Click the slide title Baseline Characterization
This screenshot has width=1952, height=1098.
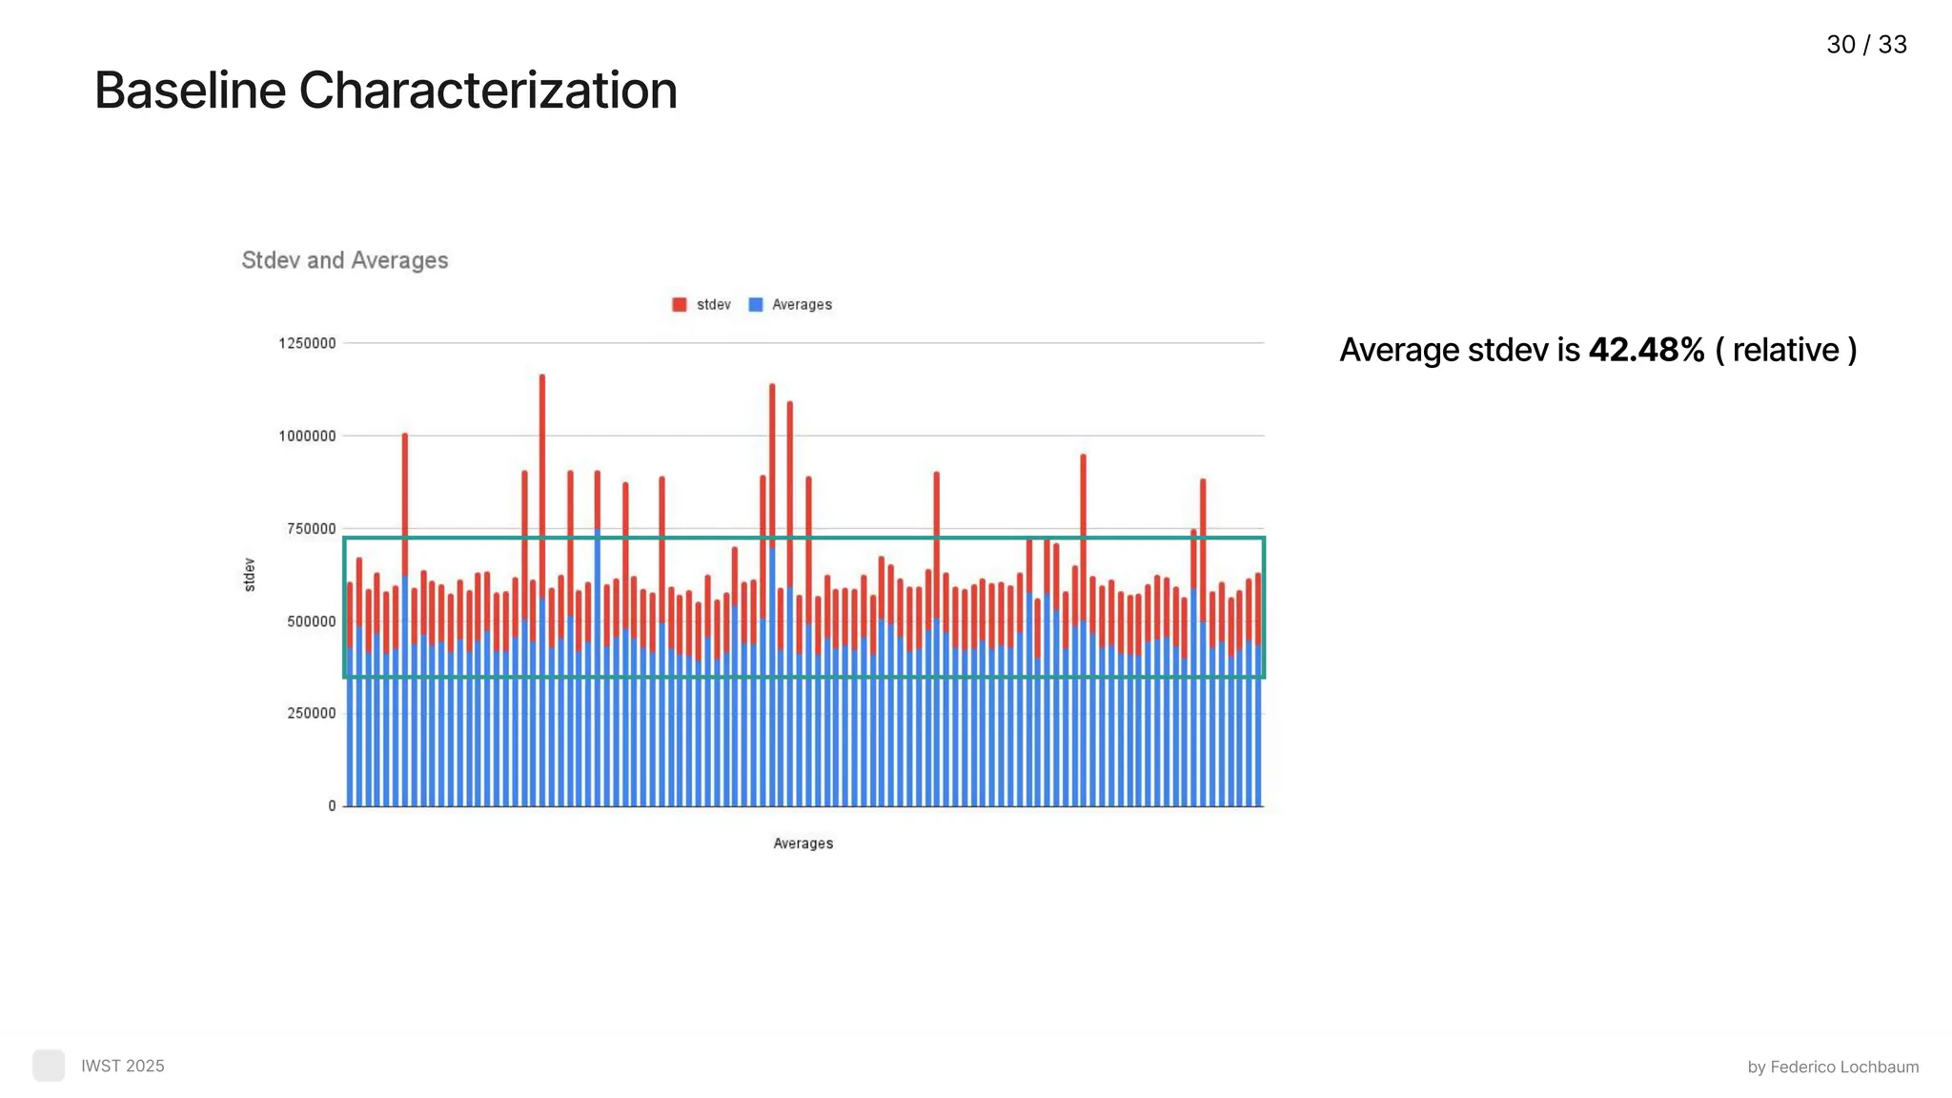pos(385,91)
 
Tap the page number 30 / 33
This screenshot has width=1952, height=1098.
pos(1866,45)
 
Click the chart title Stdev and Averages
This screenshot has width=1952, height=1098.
pos(344,260)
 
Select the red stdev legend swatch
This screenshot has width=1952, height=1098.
pos(680,305)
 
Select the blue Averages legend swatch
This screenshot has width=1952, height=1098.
pos(756,305)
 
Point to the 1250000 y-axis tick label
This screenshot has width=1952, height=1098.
pos(307,343)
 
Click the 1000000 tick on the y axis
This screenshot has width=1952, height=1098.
pos(307,437)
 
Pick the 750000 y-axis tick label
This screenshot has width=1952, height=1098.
pos(311,529)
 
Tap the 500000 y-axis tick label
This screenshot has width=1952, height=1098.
pos(311,621)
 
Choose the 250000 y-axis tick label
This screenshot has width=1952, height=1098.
pos(311,714)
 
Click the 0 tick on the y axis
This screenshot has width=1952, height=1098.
pos(332,806)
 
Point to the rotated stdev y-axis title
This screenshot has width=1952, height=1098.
pos(250,575)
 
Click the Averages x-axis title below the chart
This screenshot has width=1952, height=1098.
pos(803,844)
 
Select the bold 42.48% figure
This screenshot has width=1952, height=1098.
pos(1646,350)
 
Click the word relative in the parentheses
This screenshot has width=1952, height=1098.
pos(1785,350)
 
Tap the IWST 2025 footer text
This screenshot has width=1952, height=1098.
pos(122,1066)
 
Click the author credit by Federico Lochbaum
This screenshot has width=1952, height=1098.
pos(1833,1067)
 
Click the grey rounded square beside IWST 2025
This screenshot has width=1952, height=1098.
pos(49,1066)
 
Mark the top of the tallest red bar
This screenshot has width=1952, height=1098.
pos(542,376)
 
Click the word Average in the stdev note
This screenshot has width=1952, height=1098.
pos(1399,350)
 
